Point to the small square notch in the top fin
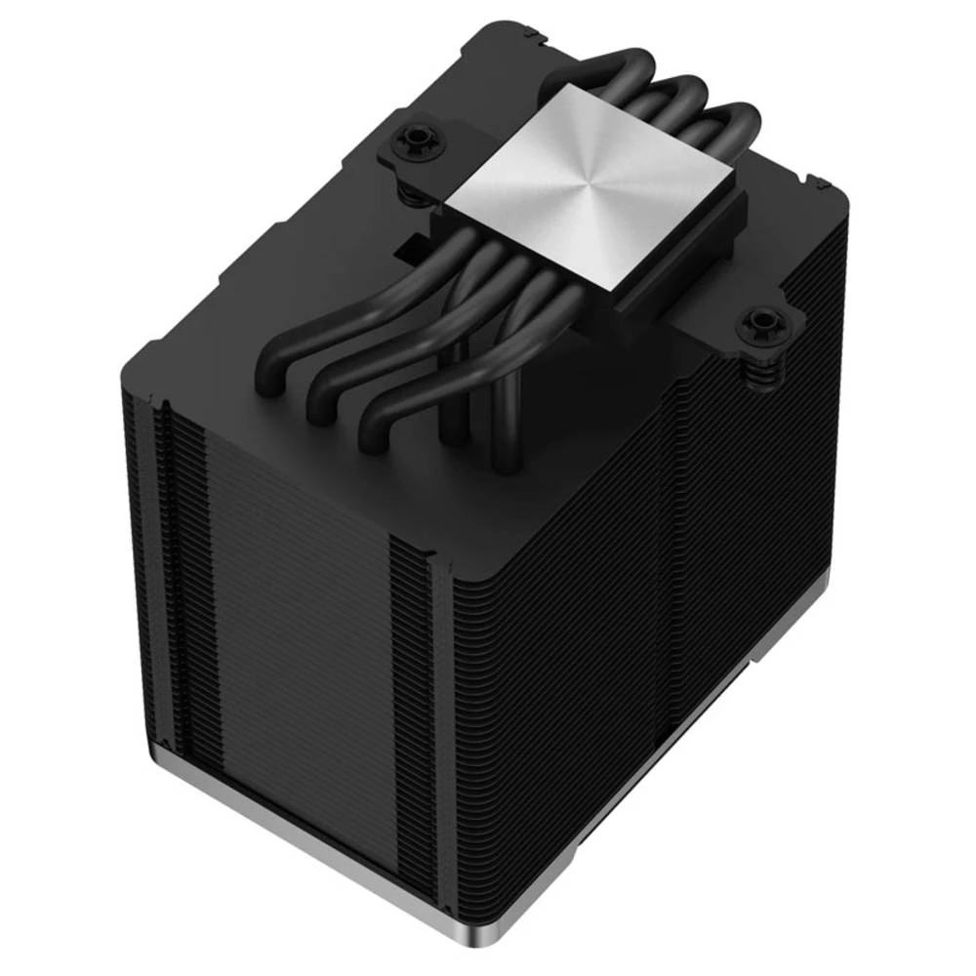(410, 244)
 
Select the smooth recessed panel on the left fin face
(293, 625)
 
